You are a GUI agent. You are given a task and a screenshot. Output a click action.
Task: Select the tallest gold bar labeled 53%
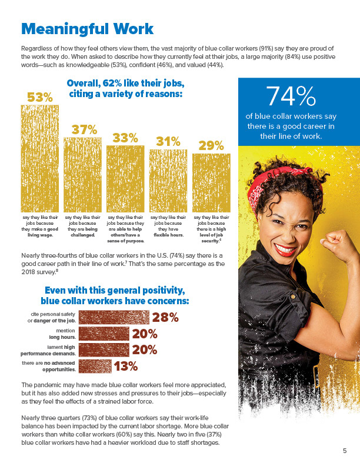(x=39, y=158)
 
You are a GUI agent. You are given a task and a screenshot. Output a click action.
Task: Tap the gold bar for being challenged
(x=82, y=175)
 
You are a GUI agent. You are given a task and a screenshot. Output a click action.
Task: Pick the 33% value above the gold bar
(x=125, y=138)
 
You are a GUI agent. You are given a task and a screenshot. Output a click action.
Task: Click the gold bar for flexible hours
(x=168, y=181)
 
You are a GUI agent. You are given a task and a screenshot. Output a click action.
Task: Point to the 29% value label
(x=211, y=146)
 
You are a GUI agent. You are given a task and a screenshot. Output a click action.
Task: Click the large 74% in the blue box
(x=291, y=96)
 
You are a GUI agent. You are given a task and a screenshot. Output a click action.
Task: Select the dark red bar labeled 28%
(x=114, y=317)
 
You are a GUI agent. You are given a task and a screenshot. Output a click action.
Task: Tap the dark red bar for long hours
(x=104, y=334)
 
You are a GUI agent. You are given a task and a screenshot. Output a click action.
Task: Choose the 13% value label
(x=126, y=367)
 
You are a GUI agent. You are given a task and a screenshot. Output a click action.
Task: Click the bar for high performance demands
(x=104, y=350)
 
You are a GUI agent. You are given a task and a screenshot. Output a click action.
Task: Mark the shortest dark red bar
(x=95, y=366)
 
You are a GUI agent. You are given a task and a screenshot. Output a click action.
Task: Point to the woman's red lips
(x=285, y=249)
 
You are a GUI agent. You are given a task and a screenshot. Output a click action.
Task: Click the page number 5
(x=345, y=451)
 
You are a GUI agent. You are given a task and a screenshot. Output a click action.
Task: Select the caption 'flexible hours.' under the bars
(x=168, y=235)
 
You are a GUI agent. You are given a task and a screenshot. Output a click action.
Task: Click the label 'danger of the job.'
(x=55, y=321)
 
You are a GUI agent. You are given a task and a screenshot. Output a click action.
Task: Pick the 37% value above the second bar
(x=84, y=130)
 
